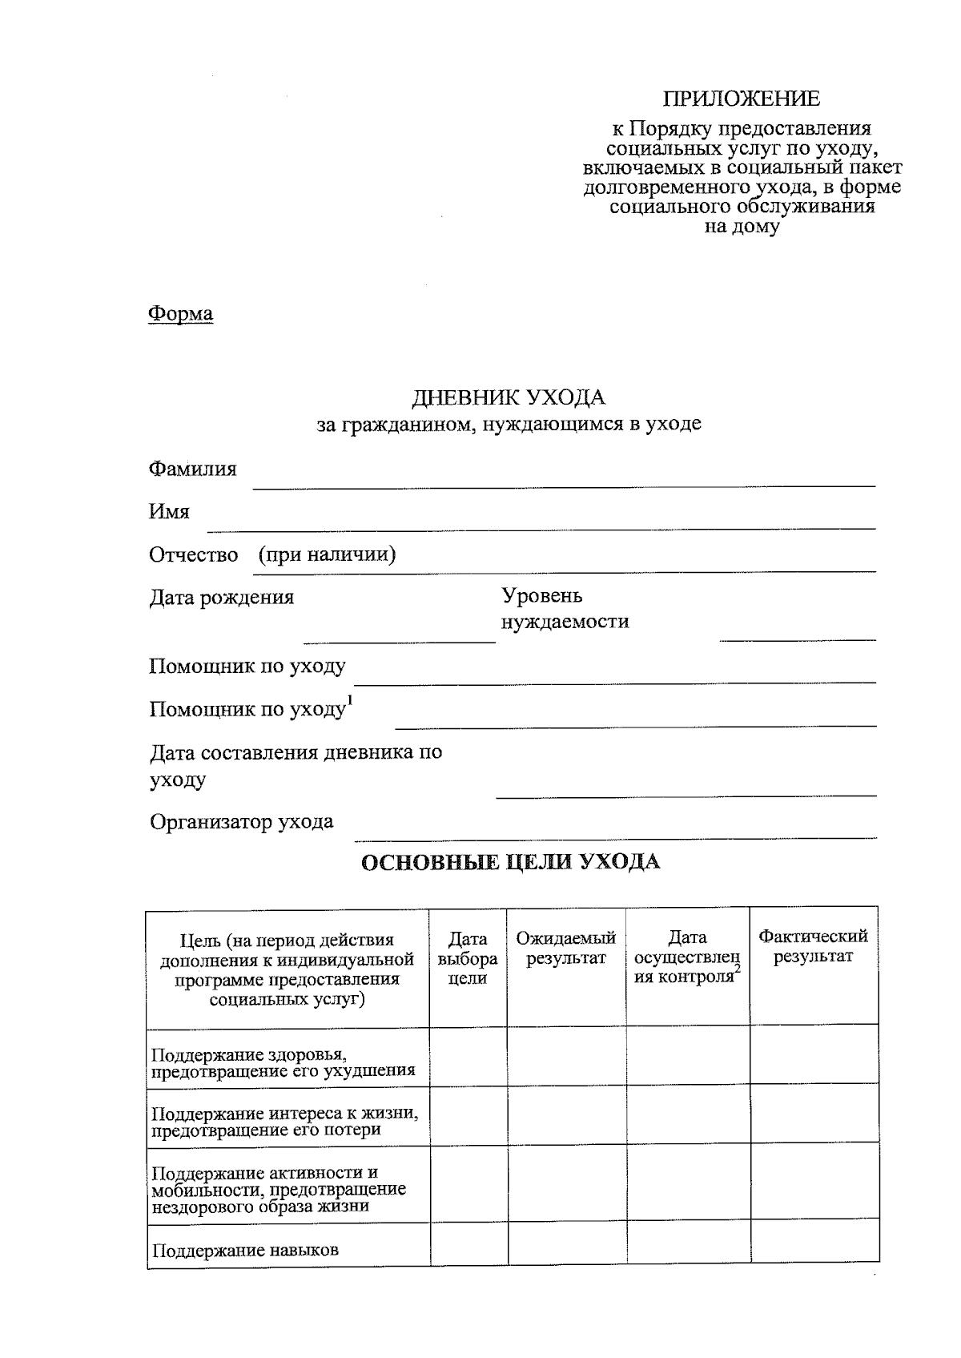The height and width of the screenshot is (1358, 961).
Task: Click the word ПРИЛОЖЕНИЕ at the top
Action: [741, 99]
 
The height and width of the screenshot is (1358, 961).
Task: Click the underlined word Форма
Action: [181, 313]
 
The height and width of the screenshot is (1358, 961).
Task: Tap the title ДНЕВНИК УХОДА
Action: [509, 397]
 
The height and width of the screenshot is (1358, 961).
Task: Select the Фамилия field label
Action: [192, 469]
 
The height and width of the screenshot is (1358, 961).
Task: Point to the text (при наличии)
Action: [327, 554]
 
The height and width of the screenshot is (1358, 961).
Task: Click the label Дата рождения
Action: [221, 597]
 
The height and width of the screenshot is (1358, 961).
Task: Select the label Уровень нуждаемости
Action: [564, 609]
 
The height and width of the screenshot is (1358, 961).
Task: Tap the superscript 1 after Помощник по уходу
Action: [349, 700]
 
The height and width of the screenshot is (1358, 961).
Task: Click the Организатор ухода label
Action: [241, 822]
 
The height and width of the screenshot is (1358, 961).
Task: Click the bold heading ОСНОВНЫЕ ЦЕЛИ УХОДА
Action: [511, 863]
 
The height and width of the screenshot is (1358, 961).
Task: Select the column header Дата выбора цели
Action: [468, 958]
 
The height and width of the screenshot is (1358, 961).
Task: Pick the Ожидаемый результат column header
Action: [565, 949]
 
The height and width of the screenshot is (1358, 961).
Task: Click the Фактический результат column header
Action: [813, 946]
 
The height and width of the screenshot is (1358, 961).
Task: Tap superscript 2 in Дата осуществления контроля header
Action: [737, 969]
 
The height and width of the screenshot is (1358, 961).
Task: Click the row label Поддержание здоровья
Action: [283, 1062]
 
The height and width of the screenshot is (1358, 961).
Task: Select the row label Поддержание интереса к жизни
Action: [284, 1122]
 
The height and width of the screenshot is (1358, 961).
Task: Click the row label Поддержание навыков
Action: [245, 1251]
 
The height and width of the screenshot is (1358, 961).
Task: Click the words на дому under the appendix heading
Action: [741, 227]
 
